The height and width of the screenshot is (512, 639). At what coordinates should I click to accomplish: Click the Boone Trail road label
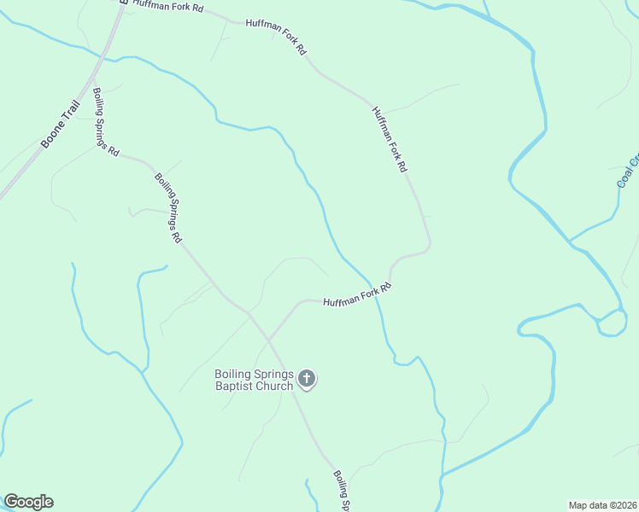pyautogui.click(x=61, y=125)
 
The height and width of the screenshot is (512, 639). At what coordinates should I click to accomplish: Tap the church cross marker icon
pyautogui.click(x=308, y=379)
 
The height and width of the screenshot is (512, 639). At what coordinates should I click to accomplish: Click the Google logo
pyautogui.click(x=28, y=502)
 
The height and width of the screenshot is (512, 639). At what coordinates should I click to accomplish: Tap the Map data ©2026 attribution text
pyautogui.click(x=602, y=505)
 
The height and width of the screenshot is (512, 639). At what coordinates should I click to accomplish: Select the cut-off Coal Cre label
pyautogui.click(x=627, y=170)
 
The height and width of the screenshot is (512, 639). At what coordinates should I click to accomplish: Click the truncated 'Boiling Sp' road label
pyautogui.click(x=341, y=490)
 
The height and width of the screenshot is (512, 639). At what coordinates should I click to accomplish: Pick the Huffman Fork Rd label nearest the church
pyautogui.click(x=356, y=296)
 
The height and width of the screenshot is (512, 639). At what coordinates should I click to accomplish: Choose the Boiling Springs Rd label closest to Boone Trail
pyautogui.click(x=106, y=121)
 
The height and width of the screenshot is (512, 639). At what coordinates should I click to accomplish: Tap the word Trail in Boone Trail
pyautogui.click(x=71, y=113)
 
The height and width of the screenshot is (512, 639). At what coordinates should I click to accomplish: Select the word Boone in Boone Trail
pyautogui.click(x=51, y=135)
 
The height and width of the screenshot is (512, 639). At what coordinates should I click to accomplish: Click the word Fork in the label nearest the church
pyautogui.click(x=369, y=294)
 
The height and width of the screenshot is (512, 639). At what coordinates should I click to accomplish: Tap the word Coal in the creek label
pyautogui.click(x=624, y=177)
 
